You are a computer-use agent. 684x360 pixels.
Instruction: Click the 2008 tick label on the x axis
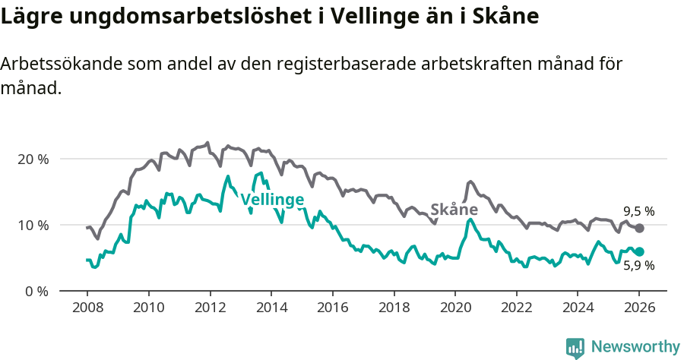coord(87,309)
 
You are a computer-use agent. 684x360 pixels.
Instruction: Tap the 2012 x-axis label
coord(209,309)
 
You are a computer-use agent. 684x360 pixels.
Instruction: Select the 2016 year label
coord(332,309)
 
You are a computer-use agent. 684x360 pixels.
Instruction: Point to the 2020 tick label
coord(454,309)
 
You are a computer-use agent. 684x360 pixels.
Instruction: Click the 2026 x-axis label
coord(639,309)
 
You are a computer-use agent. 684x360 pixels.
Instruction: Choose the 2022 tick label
coord(516,309)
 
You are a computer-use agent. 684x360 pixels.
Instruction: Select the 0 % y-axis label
coord(36,291)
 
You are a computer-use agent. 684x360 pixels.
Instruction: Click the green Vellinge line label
coord(272,200)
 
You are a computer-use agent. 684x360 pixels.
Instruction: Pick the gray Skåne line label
coord(454,210)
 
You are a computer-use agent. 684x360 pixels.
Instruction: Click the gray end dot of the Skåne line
coord(639,228)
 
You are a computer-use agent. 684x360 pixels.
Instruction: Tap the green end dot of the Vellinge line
coord(639,251)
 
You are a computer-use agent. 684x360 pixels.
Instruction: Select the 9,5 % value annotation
coord(638,211)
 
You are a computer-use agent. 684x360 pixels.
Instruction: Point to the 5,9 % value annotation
coord(638,266)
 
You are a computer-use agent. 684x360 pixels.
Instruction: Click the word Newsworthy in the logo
coord(635,347)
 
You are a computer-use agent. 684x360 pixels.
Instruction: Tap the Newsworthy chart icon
coord(575,347)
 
